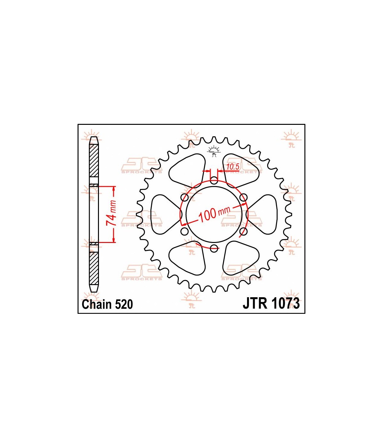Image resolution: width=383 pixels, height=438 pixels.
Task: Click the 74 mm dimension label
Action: (x=111, y=213)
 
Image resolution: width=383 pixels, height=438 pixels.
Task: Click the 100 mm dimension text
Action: (x=214, y=214)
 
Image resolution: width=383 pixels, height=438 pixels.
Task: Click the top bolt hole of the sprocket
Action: (x=214, y=180)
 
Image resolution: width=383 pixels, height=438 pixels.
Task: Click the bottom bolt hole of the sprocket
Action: (x=214, y=249)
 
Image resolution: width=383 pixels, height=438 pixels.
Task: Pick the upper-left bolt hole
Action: (x=184, y=197)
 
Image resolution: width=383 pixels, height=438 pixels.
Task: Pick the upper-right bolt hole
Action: (x=244, y=197)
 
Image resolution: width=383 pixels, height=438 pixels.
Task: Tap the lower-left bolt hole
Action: (x=184, y=231)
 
